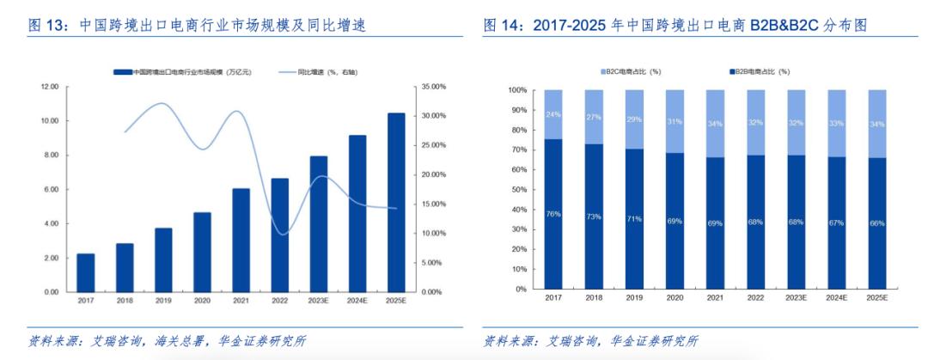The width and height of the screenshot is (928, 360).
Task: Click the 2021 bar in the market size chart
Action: click(241, 240)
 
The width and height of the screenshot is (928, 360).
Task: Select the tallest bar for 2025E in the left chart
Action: click(396, 202)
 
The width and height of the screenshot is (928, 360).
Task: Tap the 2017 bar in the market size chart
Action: click(86, 272)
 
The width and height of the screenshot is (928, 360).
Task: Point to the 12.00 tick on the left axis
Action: click(49, 87)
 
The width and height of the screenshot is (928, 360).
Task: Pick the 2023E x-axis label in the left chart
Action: click(319, 301)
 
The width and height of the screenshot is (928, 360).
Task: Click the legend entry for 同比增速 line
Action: click(317, 72)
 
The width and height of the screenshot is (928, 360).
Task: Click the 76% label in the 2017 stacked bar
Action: click(553, 214)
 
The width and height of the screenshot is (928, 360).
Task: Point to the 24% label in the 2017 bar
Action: click(553, 114)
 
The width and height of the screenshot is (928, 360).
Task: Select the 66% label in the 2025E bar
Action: click(876, 223)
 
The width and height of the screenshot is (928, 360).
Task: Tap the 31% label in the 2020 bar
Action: click(675, 121)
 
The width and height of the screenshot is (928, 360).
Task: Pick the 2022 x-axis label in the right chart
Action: click(755, 296)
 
